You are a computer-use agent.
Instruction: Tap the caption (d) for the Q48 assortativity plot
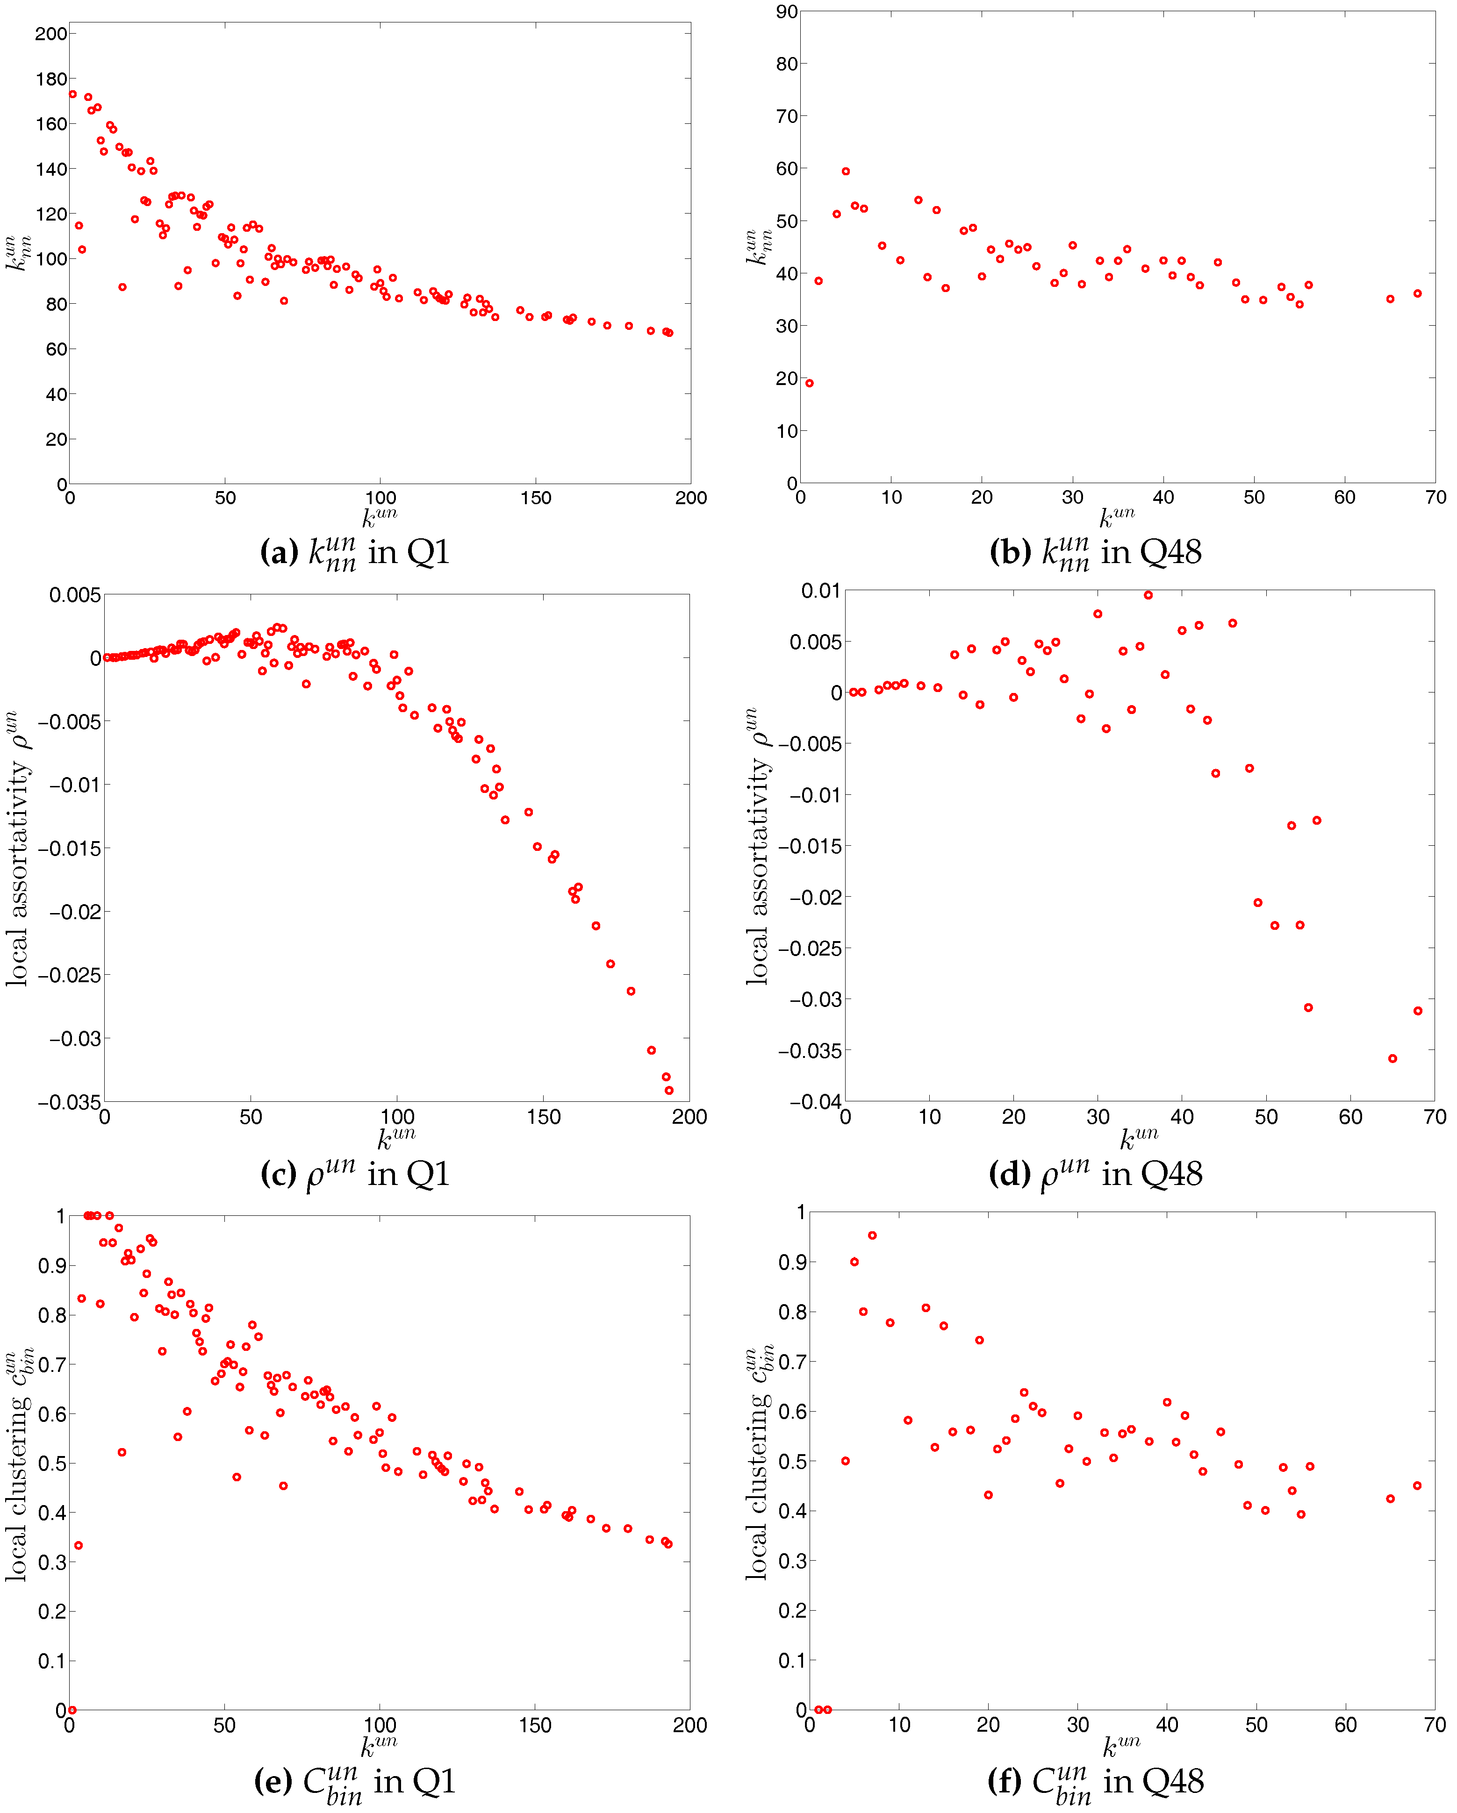[x=1095, y=1174]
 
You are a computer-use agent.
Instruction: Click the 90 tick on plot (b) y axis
[x=787, y=12]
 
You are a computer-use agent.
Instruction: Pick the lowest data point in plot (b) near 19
[x=809, y=384]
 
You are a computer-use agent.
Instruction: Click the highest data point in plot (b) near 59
[x=846, y=171]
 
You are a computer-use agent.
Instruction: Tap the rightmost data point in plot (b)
[x=1417, y=293]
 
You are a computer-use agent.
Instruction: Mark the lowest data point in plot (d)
[x=1392, y=1059]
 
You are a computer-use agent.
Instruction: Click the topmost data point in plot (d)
[x=1148, y=595]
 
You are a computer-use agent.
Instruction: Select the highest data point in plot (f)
[x=872, y=1235]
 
